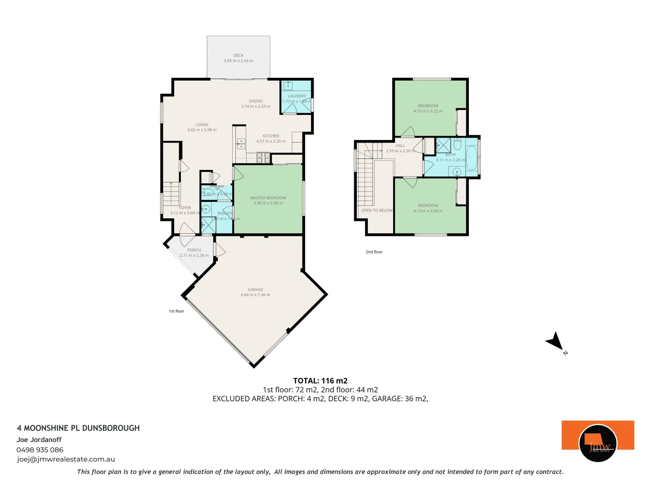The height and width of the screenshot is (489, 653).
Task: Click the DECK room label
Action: click(239, 56)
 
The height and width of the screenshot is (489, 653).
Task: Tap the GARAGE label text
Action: click(255, 289)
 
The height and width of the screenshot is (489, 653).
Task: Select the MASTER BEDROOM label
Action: click(268, 198)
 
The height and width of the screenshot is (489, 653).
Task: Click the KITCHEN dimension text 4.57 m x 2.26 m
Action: click(271, 141)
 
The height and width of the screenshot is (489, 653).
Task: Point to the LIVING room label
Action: click(202, 125)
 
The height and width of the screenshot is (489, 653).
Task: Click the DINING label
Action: click(256, 101)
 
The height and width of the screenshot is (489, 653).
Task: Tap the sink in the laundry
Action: click(288, 86)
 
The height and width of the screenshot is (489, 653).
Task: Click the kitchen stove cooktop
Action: click(263, 158)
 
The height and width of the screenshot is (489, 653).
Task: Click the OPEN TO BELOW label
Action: click(377, 211)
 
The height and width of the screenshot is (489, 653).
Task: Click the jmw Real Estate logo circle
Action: click(598, 443)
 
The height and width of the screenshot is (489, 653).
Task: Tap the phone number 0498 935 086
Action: click(40, 450)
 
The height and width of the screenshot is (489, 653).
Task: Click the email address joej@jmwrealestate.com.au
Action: click(66, 459)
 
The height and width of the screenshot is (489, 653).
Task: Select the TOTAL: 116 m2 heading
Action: click(320, 381)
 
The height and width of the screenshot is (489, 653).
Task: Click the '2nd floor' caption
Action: click(374, 252)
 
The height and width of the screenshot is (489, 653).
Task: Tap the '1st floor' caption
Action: click(176, 311)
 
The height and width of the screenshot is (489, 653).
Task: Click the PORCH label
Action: click(194, 250)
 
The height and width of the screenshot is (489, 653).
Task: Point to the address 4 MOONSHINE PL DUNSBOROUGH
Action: click(78, 428)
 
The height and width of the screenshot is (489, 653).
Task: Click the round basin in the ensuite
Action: click(205, 209)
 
